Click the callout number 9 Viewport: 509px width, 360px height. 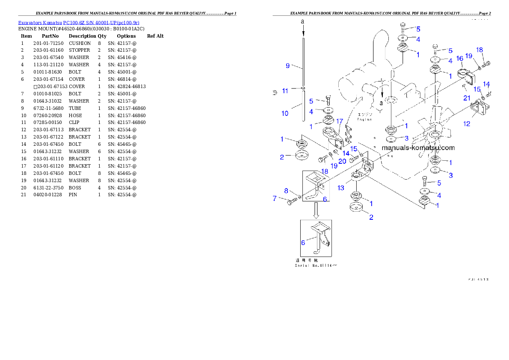[288, 65]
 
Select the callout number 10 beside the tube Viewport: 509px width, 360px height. [285, 113]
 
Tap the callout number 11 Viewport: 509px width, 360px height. [285, 91]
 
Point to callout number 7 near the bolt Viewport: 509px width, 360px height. [275, 198]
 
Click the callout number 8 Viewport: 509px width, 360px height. [286, 191]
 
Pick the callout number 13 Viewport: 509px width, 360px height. [341, 188]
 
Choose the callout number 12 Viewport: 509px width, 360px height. [467, 124]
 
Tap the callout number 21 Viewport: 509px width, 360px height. [467, 98]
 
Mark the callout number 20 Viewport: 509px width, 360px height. [342, 161]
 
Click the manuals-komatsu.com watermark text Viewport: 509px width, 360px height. [418, 148]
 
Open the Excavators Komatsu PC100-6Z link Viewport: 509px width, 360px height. [79, 22]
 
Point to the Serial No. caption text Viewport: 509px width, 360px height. [316, 266]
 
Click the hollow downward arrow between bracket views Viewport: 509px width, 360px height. [316, 210]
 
